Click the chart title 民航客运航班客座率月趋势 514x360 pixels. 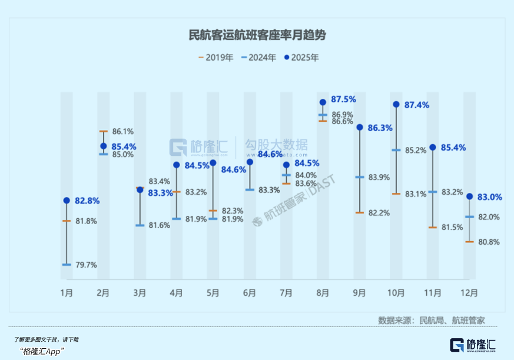[257, 35]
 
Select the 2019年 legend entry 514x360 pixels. [216, 58]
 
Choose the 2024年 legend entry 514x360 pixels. [259, 58]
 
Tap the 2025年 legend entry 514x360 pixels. [301, 58]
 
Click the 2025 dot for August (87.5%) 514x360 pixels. [323, 102]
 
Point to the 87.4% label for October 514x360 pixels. [417, 105]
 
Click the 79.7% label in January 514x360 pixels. [86, 265]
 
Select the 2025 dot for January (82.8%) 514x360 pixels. [67, 201]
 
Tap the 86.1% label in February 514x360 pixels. [123, 131]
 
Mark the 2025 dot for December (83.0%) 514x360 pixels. [469, 196]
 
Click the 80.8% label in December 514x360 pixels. [489, 242]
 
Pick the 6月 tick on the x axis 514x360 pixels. [249, 292]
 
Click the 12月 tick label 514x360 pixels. [469, 292]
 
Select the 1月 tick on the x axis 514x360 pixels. [67, 292]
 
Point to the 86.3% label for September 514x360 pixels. [380, 127]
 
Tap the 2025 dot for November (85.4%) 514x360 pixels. [433, 147]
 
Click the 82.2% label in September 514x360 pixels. [379, 213]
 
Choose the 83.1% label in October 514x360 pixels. [415, 194]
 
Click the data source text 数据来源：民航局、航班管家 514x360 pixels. [432, 321]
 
